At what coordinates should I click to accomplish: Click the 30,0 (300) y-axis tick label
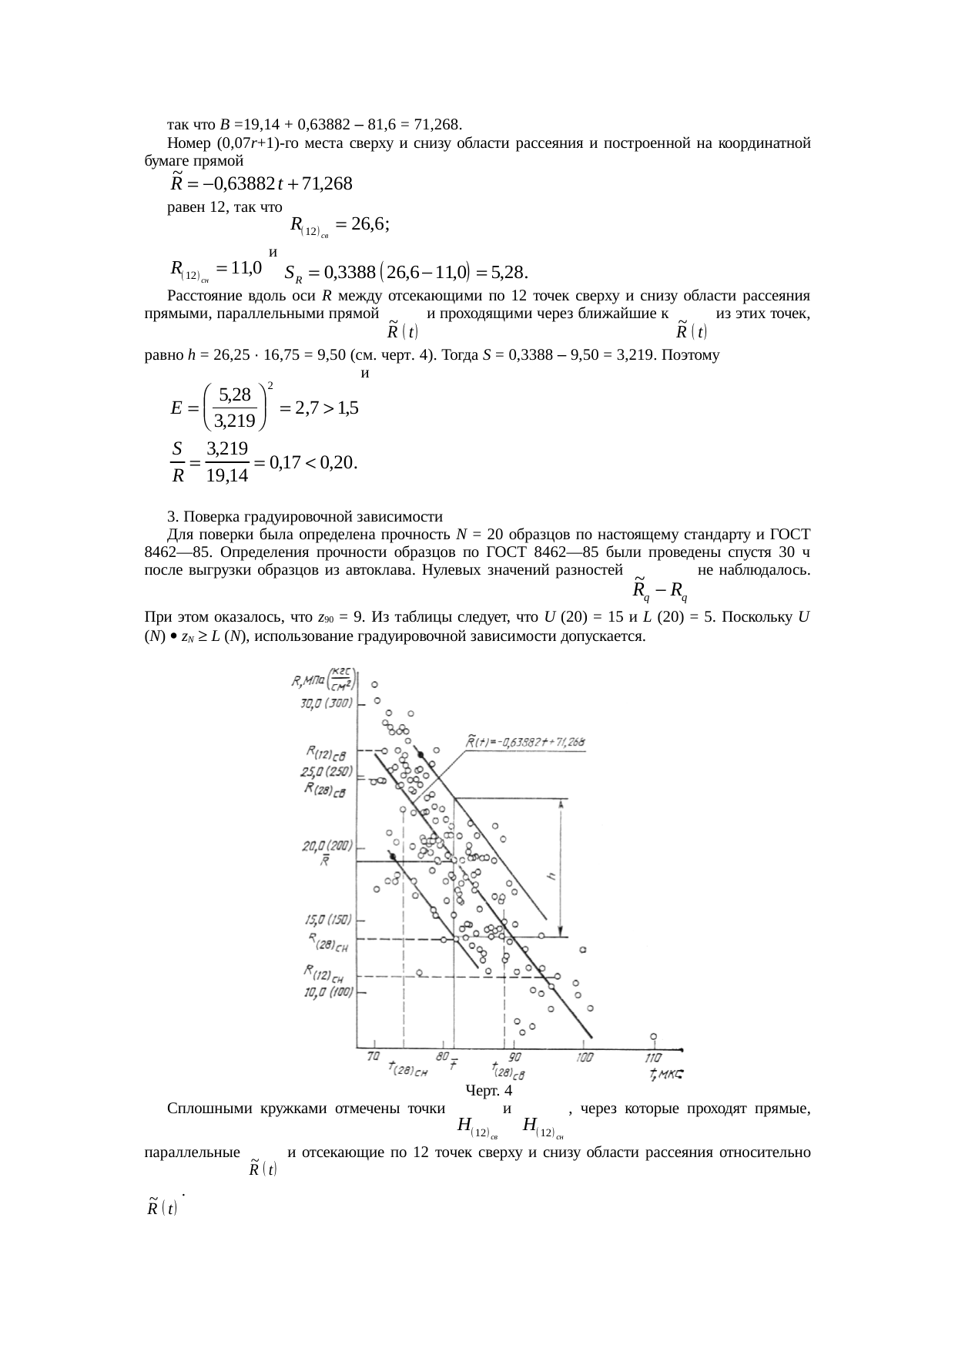click(326, 703)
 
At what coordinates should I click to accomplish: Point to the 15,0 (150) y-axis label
click(325, 919)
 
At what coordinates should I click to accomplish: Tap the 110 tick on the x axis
click(652, 1058)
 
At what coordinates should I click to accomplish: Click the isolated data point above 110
click(653, 1036)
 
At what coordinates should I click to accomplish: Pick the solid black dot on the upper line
click(420, 754)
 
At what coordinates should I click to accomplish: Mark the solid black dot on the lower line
click(393, 857)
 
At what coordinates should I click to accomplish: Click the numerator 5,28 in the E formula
click(235, 395)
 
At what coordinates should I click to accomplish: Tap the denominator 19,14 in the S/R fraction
click(227, 476)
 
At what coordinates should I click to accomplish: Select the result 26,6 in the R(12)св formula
click(368, 224)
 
